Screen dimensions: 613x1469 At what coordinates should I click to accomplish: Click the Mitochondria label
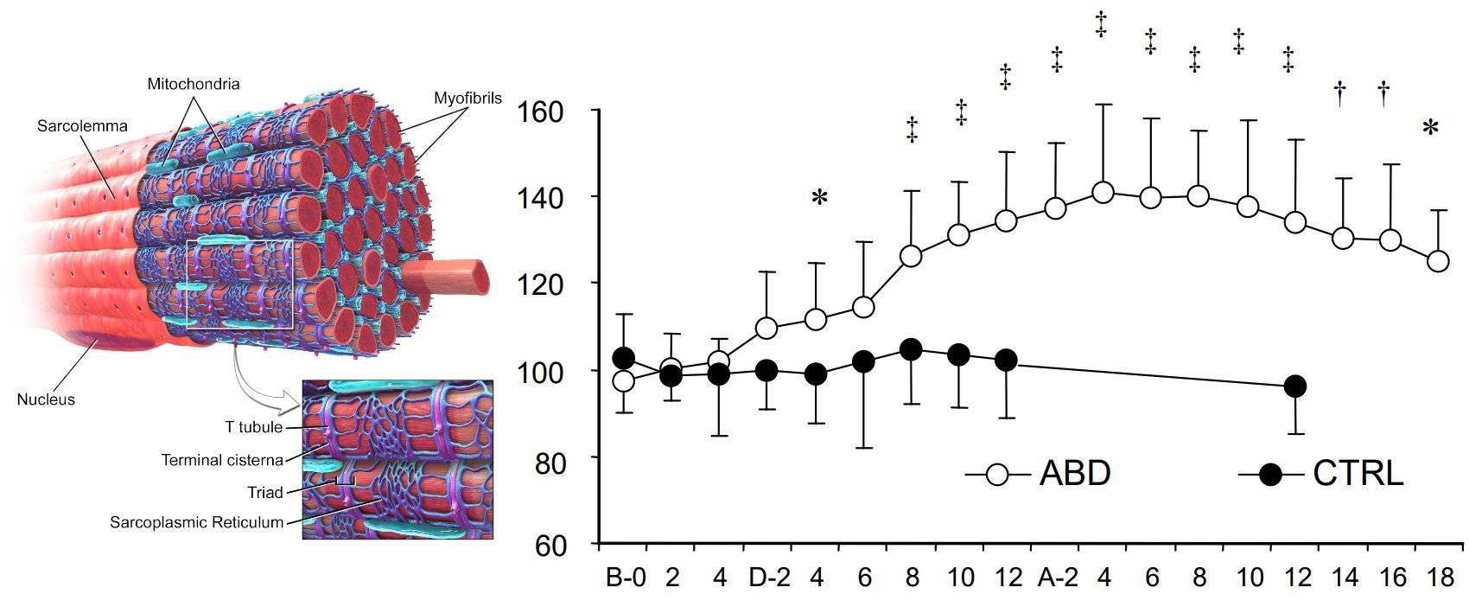point(193,84)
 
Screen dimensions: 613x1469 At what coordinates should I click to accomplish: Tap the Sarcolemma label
point(82,125)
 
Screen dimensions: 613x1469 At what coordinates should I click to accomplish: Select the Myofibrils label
point(467,98)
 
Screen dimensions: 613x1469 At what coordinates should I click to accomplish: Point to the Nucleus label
point(46,399)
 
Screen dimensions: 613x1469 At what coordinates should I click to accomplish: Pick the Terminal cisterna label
point(222,460)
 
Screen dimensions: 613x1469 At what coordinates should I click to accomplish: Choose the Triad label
point(264,492)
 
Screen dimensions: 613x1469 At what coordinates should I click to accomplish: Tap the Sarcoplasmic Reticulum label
point(197,522)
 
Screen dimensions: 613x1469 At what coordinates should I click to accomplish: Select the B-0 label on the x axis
point(625,578)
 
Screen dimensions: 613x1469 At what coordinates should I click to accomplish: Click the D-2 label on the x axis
point(769,578)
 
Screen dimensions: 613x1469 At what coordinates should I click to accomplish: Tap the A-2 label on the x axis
point(1058,578)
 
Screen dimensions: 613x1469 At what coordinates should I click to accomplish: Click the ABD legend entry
point(1074,474)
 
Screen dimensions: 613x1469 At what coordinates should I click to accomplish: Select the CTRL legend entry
point(1357,474)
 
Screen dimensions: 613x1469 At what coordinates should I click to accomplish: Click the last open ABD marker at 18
point(1438,260)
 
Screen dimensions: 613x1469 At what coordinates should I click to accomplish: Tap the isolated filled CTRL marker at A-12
point(1294,386)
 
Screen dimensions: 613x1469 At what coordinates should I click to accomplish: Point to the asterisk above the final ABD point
point(1430,129)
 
